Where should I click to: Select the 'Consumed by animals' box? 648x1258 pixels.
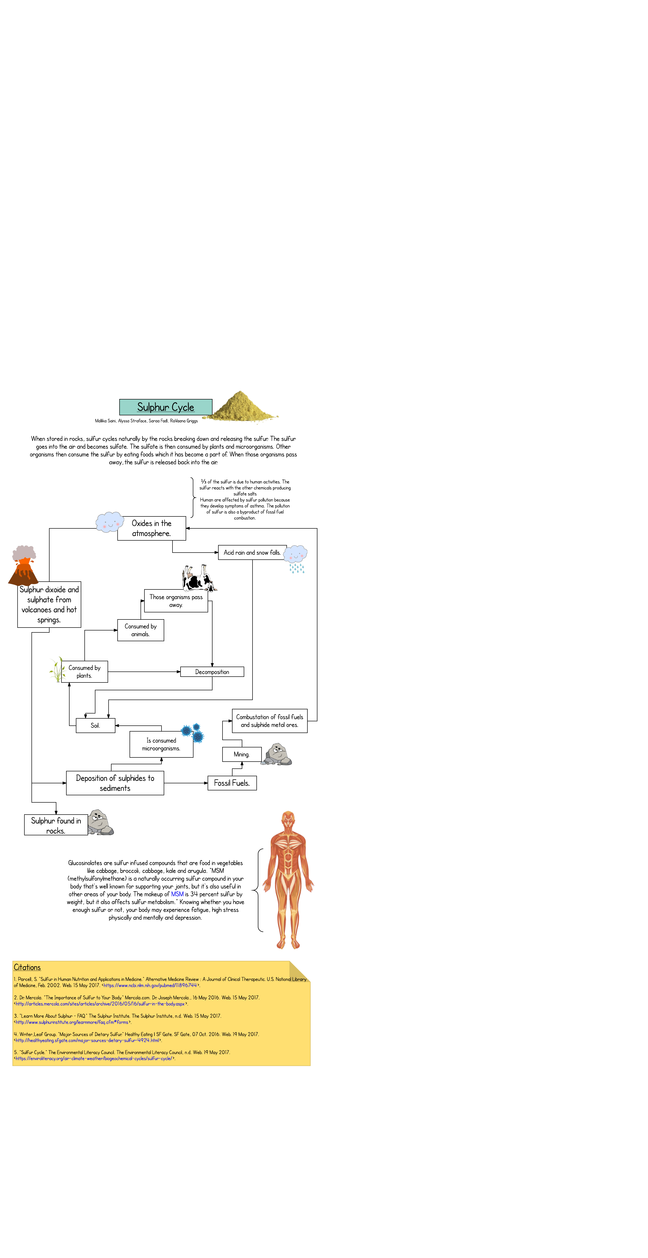141,630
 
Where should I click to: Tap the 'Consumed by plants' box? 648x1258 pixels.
84,671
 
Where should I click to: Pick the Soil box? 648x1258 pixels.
95,725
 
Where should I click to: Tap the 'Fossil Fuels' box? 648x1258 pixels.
232,783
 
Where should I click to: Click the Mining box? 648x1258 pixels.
242,754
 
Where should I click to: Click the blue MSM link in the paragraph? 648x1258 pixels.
177,894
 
